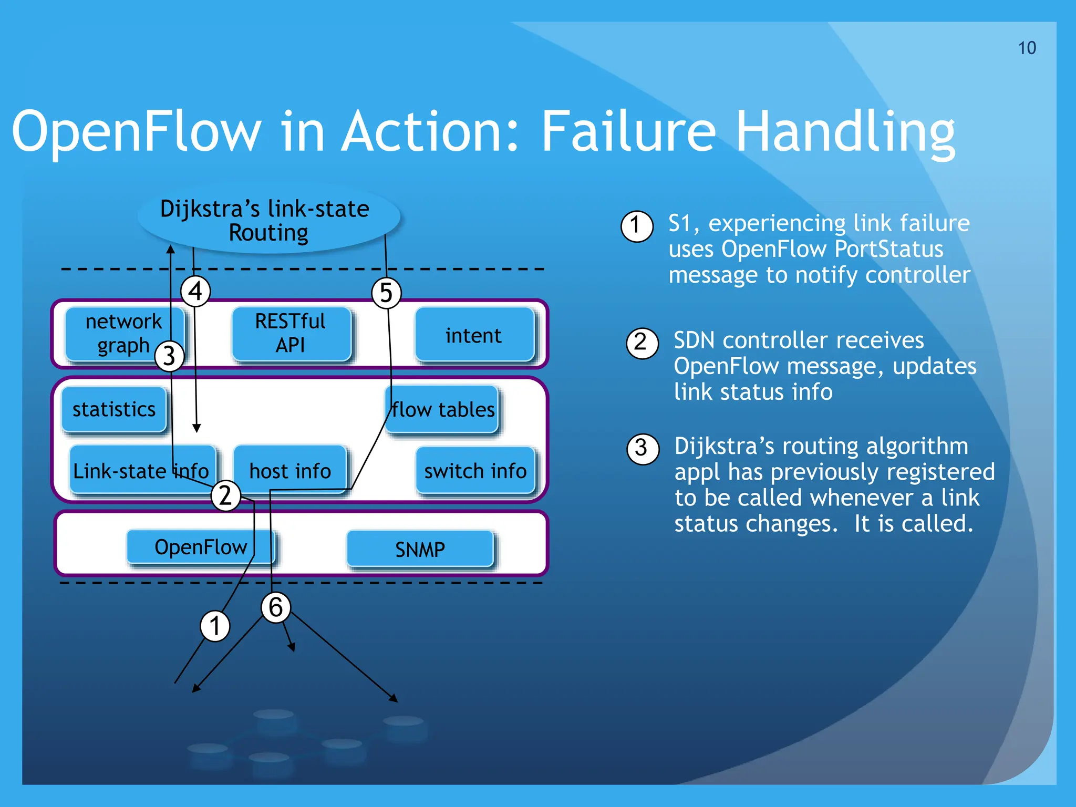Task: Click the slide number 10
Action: tap(1027, 48)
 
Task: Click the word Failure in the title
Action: tap(628, 131)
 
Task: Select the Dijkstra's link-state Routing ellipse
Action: tap(268, 220)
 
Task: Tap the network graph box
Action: tap(124, 333)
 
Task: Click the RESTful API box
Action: tap(291, 333)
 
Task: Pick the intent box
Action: tap(474, 335)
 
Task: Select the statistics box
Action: tap(114, 409)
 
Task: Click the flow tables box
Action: tap(443, 409)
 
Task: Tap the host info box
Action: tap(290, 470)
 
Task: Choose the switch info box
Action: tap(475, 471)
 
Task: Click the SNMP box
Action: tap(420, 550)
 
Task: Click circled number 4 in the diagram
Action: tap(195, 291)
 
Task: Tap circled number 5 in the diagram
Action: tap(386, 293)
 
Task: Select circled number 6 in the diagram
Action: tap(276, 607)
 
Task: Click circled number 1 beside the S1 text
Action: tap(636, 226)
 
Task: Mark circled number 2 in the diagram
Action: tap(225, 495)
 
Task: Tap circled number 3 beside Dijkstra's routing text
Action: tap(642, 449)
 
